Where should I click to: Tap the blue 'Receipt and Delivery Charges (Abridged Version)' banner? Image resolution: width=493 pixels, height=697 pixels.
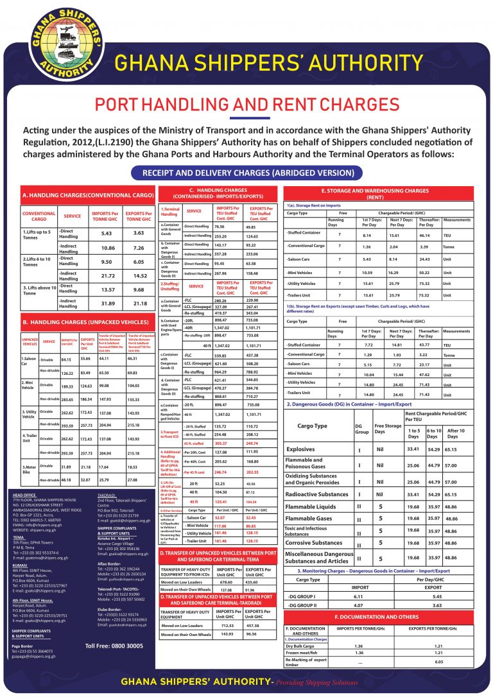click(246, 173)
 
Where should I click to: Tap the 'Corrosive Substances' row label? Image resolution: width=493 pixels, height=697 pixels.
click(313, 543)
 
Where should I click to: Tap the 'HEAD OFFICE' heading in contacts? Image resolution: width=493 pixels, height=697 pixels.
click(24, 495)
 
